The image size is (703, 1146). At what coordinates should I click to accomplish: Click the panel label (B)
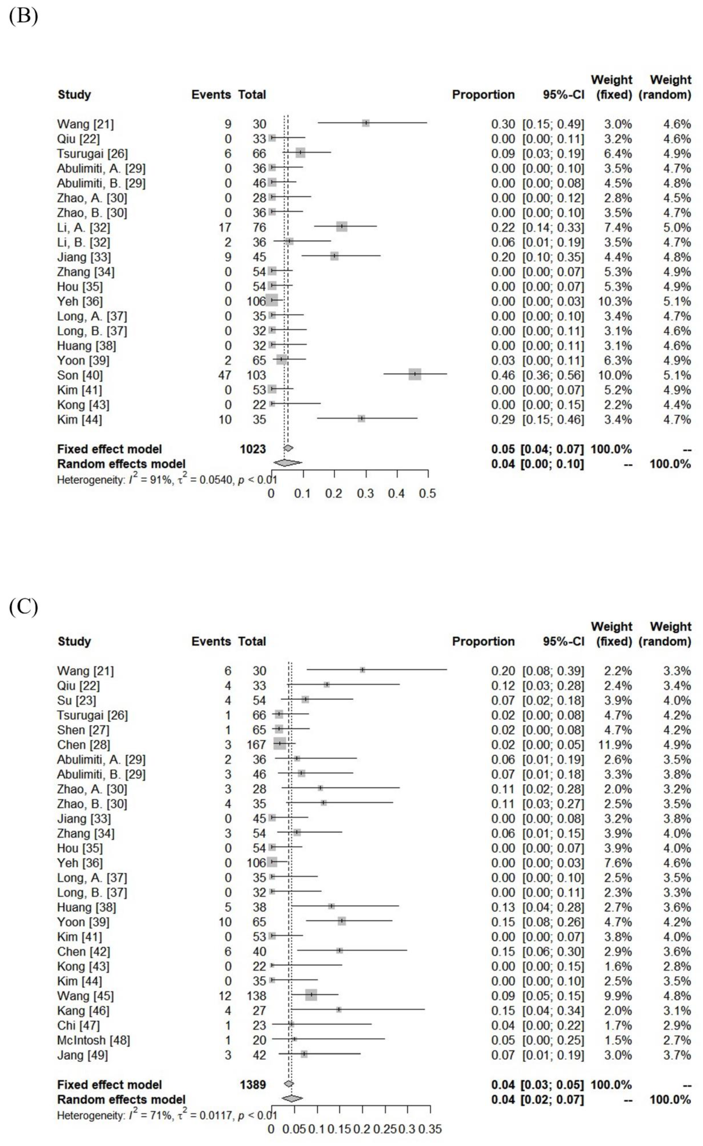[23, 16]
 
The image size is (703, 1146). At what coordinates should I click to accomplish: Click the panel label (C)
[23, 607]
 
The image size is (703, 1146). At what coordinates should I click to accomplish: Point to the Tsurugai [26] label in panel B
[92, 154]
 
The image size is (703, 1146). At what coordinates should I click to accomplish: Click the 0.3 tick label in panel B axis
[365, 493]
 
